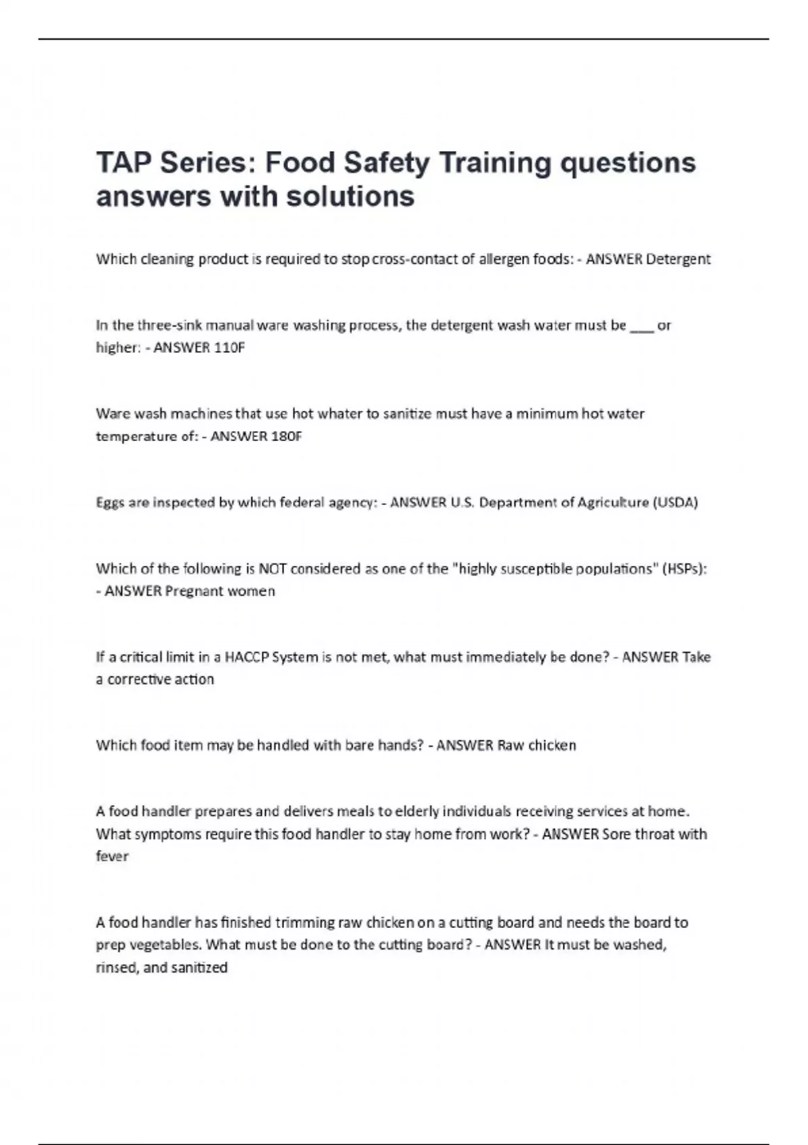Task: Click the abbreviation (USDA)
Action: click(675, 502)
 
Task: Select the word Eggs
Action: click(110, 503)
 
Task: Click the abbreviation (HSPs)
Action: click(685, 568)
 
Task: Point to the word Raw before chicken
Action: click(510, 746)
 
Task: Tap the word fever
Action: click(112, 857)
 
